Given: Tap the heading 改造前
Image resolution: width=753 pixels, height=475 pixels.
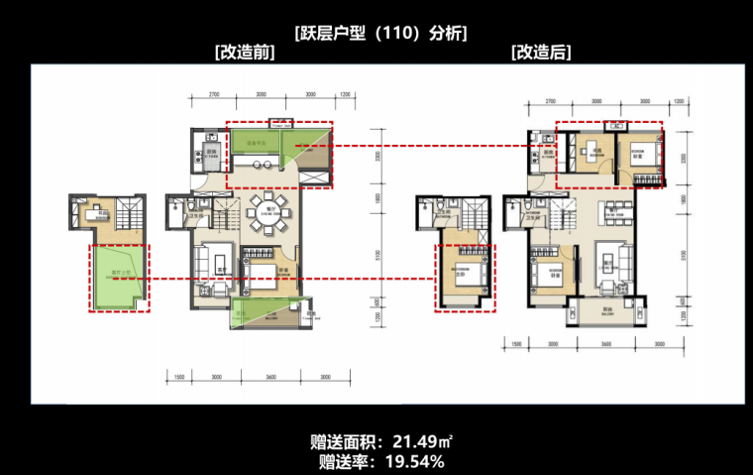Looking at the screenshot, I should (x=244, y=53).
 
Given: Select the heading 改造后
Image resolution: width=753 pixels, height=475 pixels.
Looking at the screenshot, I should (x=541, y=53).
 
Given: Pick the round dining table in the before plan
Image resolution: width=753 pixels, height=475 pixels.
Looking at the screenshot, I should (x=268, y=209).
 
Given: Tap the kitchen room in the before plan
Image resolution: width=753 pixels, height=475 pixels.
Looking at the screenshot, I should (x=209, y=155).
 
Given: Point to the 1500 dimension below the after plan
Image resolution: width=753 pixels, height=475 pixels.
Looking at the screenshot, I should (x=516, y=346).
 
